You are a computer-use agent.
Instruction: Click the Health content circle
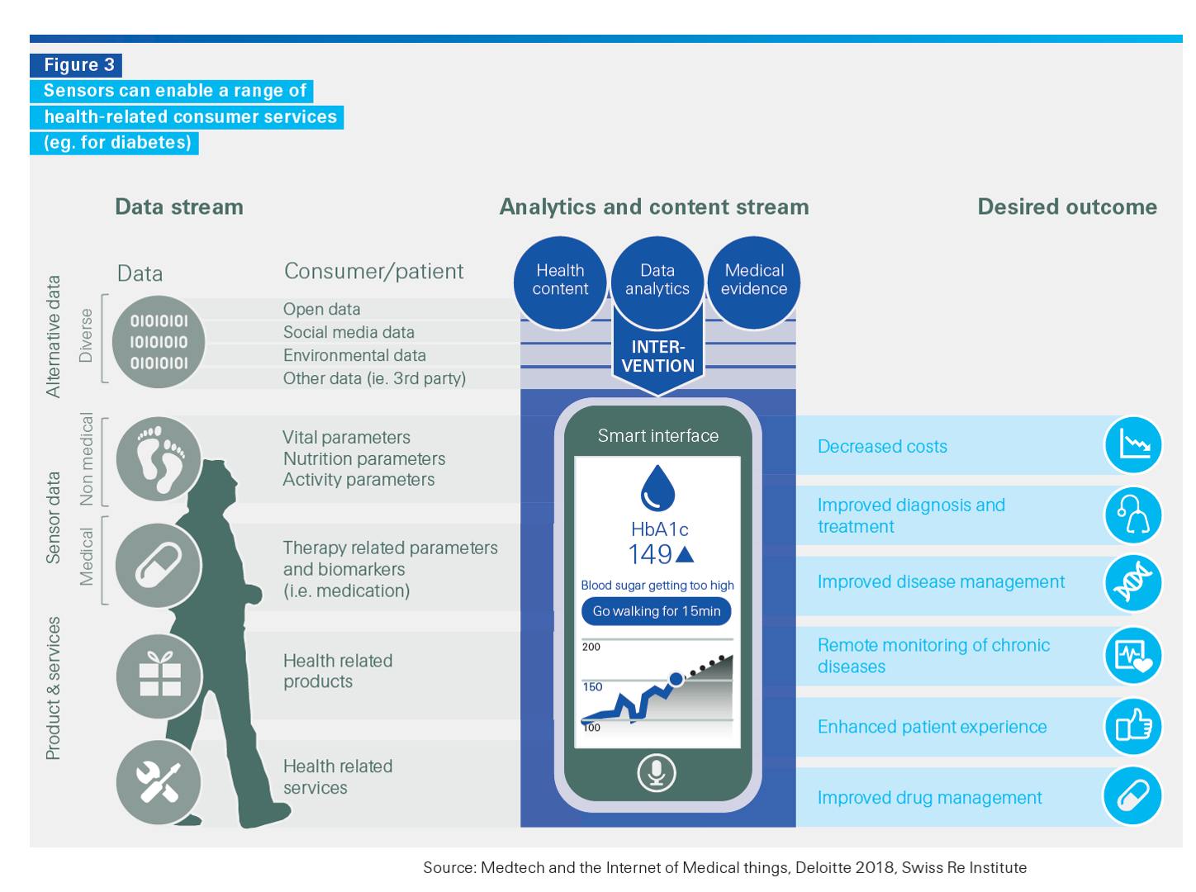point(560,281)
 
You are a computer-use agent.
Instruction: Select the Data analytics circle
point(657,281)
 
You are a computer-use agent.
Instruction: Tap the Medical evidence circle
point(754,281)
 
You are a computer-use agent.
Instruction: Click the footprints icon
point(159,459)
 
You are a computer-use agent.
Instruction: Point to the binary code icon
point(159,341)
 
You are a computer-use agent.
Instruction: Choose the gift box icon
point(159,675)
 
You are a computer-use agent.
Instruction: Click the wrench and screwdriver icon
point(159,781)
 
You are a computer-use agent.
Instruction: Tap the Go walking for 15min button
point(657,611)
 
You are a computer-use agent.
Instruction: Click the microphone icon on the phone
point(657,772)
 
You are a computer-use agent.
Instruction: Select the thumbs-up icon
point(1133,727)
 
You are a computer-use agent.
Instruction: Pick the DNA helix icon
point(1133,583)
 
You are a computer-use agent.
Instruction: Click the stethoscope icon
point(1133,515)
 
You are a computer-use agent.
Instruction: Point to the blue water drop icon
point(658,488)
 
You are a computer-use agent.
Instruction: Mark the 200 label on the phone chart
point(591,647)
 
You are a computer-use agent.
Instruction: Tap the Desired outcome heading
point(1067,206)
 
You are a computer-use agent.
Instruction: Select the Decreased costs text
point(882,447)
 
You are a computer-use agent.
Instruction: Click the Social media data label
point(349,332)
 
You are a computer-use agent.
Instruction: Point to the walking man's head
point(216,480)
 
